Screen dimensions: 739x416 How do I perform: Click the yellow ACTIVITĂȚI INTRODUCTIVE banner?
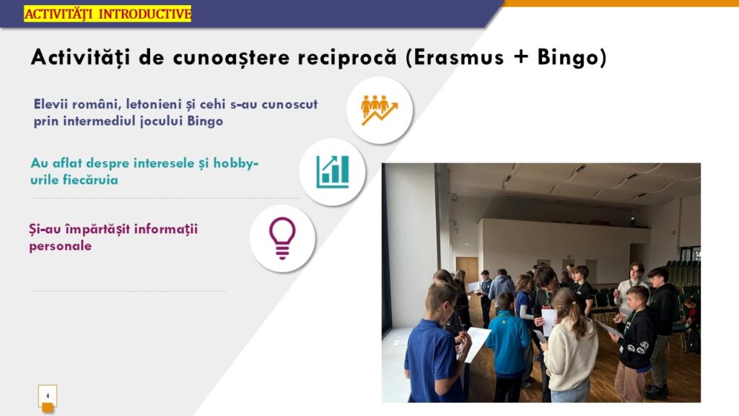(x=108, y=14)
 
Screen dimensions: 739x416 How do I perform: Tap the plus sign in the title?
(x=520, y=58)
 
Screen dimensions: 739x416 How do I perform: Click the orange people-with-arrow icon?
(x=380, y=110)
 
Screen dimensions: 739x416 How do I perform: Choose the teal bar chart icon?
(x=333, y=172)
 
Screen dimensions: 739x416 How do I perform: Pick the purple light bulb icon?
(x=282, y=238)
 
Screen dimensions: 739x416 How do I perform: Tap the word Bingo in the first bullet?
(x=205, y=121)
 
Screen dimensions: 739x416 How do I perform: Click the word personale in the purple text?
(x=61, y=246)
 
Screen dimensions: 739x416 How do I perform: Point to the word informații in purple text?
(x=166, y=229)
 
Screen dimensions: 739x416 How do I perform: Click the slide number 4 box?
(x=48, y=396)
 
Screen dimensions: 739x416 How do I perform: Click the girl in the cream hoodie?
(x=569, y=347)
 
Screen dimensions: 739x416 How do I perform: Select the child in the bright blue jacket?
(x=507, y=347)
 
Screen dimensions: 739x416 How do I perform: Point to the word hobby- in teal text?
(x=236, y=163)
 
